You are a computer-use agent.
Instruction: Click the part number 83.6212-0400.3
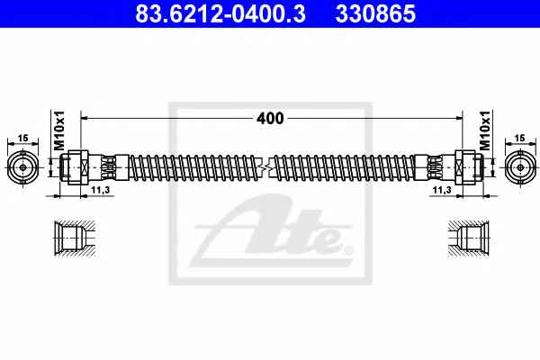point(220,14)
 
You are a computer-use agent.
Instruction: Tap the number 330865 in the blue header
point(375,14)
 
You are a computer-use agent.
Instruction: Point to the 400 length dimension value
point(270,119)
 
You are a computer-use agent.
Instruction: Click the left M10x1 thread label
point(59,130)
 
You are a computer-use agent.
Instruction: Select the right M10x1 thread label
point(485,130)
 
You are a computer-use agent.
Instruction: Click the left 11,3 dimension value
point(100,190)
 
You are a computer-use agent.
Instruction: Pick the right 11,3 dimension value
point(442,190)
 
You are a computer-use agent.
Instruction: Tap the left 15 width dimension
point(23,138)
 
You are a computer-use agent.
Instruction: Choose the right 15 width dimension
point(519,138)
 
